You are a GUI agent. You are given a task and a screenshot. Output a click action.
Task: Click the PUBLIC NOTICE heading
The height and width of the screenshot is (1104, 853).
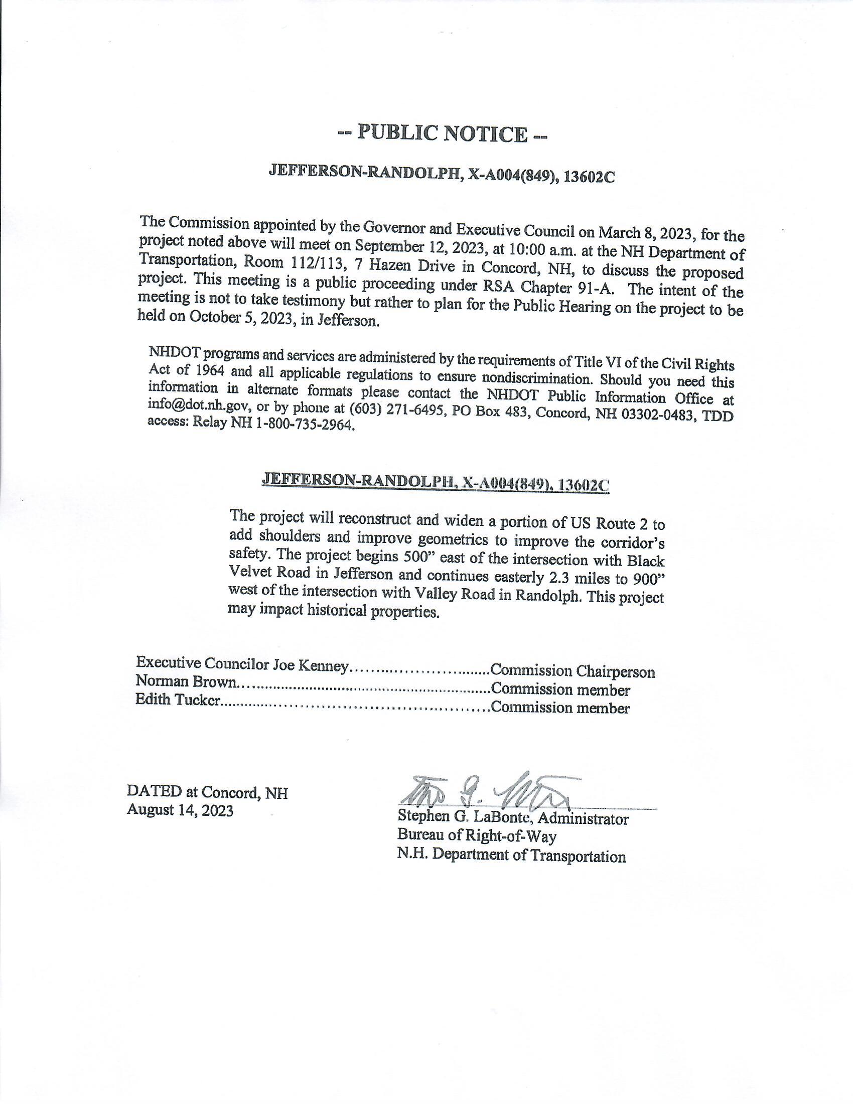pos(443,133)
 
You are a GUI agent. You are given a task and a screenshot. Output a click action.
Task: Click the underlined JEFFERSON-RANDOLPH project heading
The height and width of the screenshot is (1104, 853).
pos(436,482)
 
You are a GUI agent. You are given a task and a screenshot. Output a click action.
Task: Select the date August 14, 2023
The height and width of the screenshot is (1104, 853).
pos(180,811)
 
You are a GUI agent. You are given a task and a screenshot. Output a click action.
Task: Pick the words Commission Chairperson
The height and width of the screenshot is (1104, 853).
pos(573,671)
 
